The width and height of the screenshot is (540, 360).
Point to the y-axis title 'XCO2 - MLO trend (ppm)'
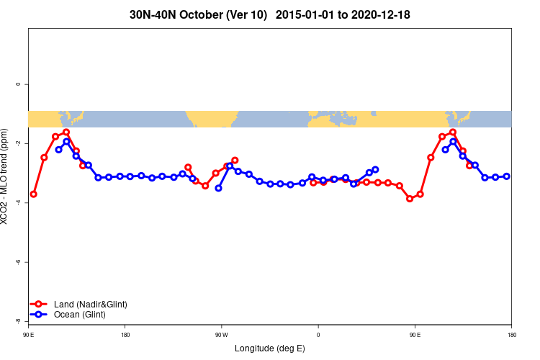pos(6,176)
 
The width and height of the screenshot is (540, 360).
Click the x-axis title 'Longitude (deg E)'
pos(270,348)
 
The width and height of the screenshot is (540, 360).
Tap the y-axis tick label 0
pos(18,84)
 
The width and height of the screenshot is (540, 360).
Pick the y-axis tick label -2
pos(18,143)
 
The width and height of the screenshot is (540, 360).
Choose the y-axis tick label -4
pos(18,202)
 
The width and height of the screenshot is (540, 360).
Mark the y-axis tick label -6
pos(18,261)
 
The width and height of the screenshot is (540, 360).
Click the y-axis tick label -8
pos(18,320)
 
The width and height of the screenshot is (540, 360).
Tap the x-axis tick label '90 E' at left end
pos(28,335)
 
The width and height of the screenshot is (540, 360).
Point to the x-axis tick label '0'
pos(318,335)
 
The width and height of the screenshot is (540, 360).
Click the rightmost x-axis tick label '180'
pos(511,335)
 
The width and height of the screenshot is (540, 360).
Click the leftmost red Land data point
pos(33,194)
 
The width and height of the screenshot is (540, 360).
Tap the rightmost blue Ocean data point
pos(507,176)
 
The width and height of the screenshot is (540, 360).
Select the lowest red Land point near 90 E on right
pos(410,199)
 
